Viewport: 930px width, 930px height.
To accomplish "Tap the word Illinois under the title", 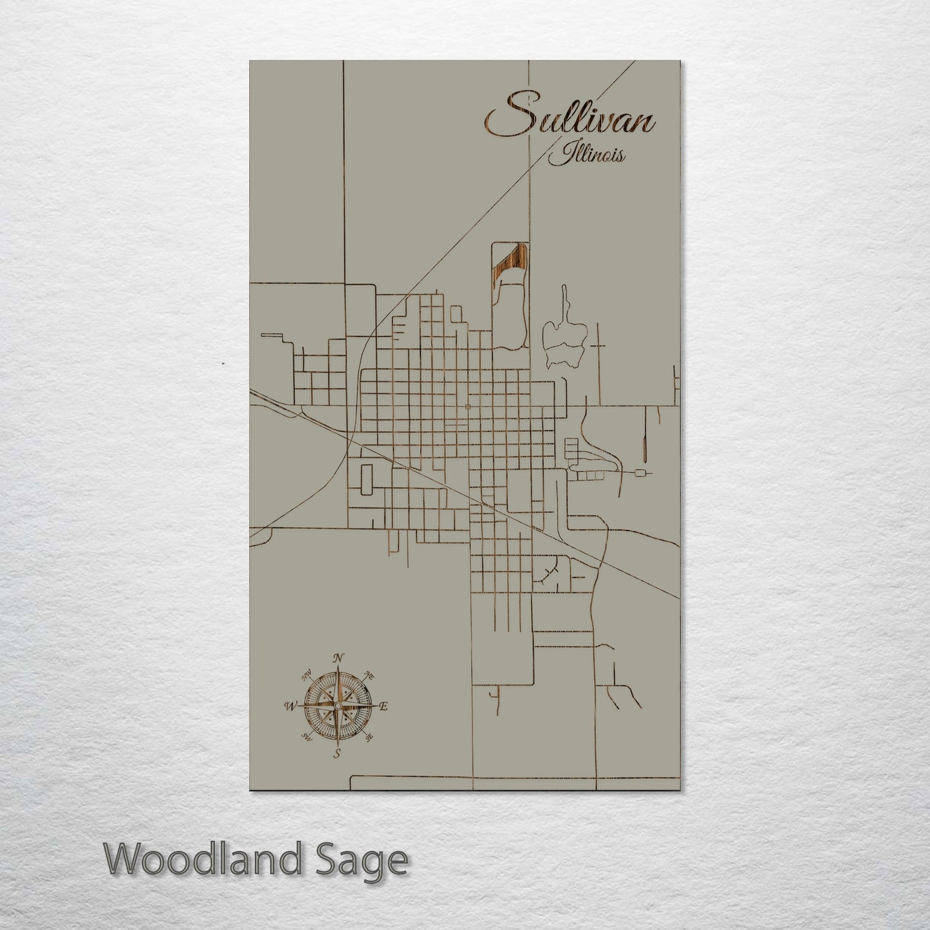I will [x=586, y=154].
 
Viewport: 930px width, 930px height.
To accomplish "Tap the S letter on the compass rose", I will [x=337, y=754].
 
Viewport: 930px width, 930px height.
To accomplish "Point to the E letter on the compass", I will [x=384, y=707].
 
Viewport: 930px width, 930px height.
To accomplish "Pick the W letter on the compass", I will [x=289, y=706].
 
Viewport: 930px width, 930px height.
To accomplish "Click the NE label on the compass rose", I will [x=369, y=674].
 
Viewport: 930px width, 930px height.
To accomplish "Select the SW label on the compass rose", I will [x=304, y=738].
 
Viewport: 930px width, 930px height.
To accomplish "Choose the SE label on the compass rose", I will [x=369, y=738].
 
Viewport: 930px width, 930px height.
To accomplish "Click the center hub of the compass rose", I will [x=337, y=705].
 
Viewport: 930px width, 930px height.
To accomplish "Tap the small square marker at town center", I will [x=467, y=407].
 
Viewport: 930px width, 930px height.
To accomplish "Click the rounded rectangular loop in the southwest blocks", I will [x=367, y=480].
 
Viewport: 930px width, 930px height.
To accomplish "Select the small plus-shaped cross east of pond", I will [x=599, y=346].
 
